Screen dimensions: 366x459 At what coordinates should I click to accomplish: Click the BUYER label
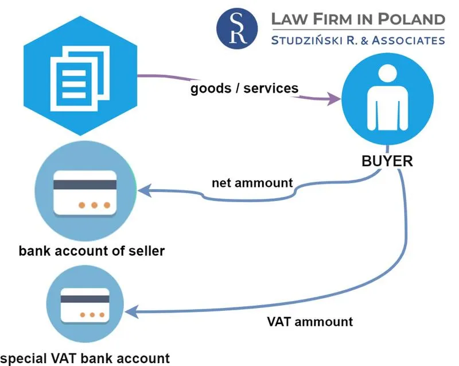pyautogui.click(x=387, y=161)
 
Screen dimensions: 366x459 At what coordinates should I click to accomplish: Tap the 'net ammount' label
pyautogui.click(x=252, y=183)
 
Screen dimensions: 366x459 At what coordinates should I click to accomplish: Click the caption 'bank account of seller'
pyautogui.click(x=92, y=251)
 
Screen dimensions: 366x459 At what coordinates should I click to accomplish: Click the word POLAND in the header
pyautogui.click(x=412, y=18)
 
